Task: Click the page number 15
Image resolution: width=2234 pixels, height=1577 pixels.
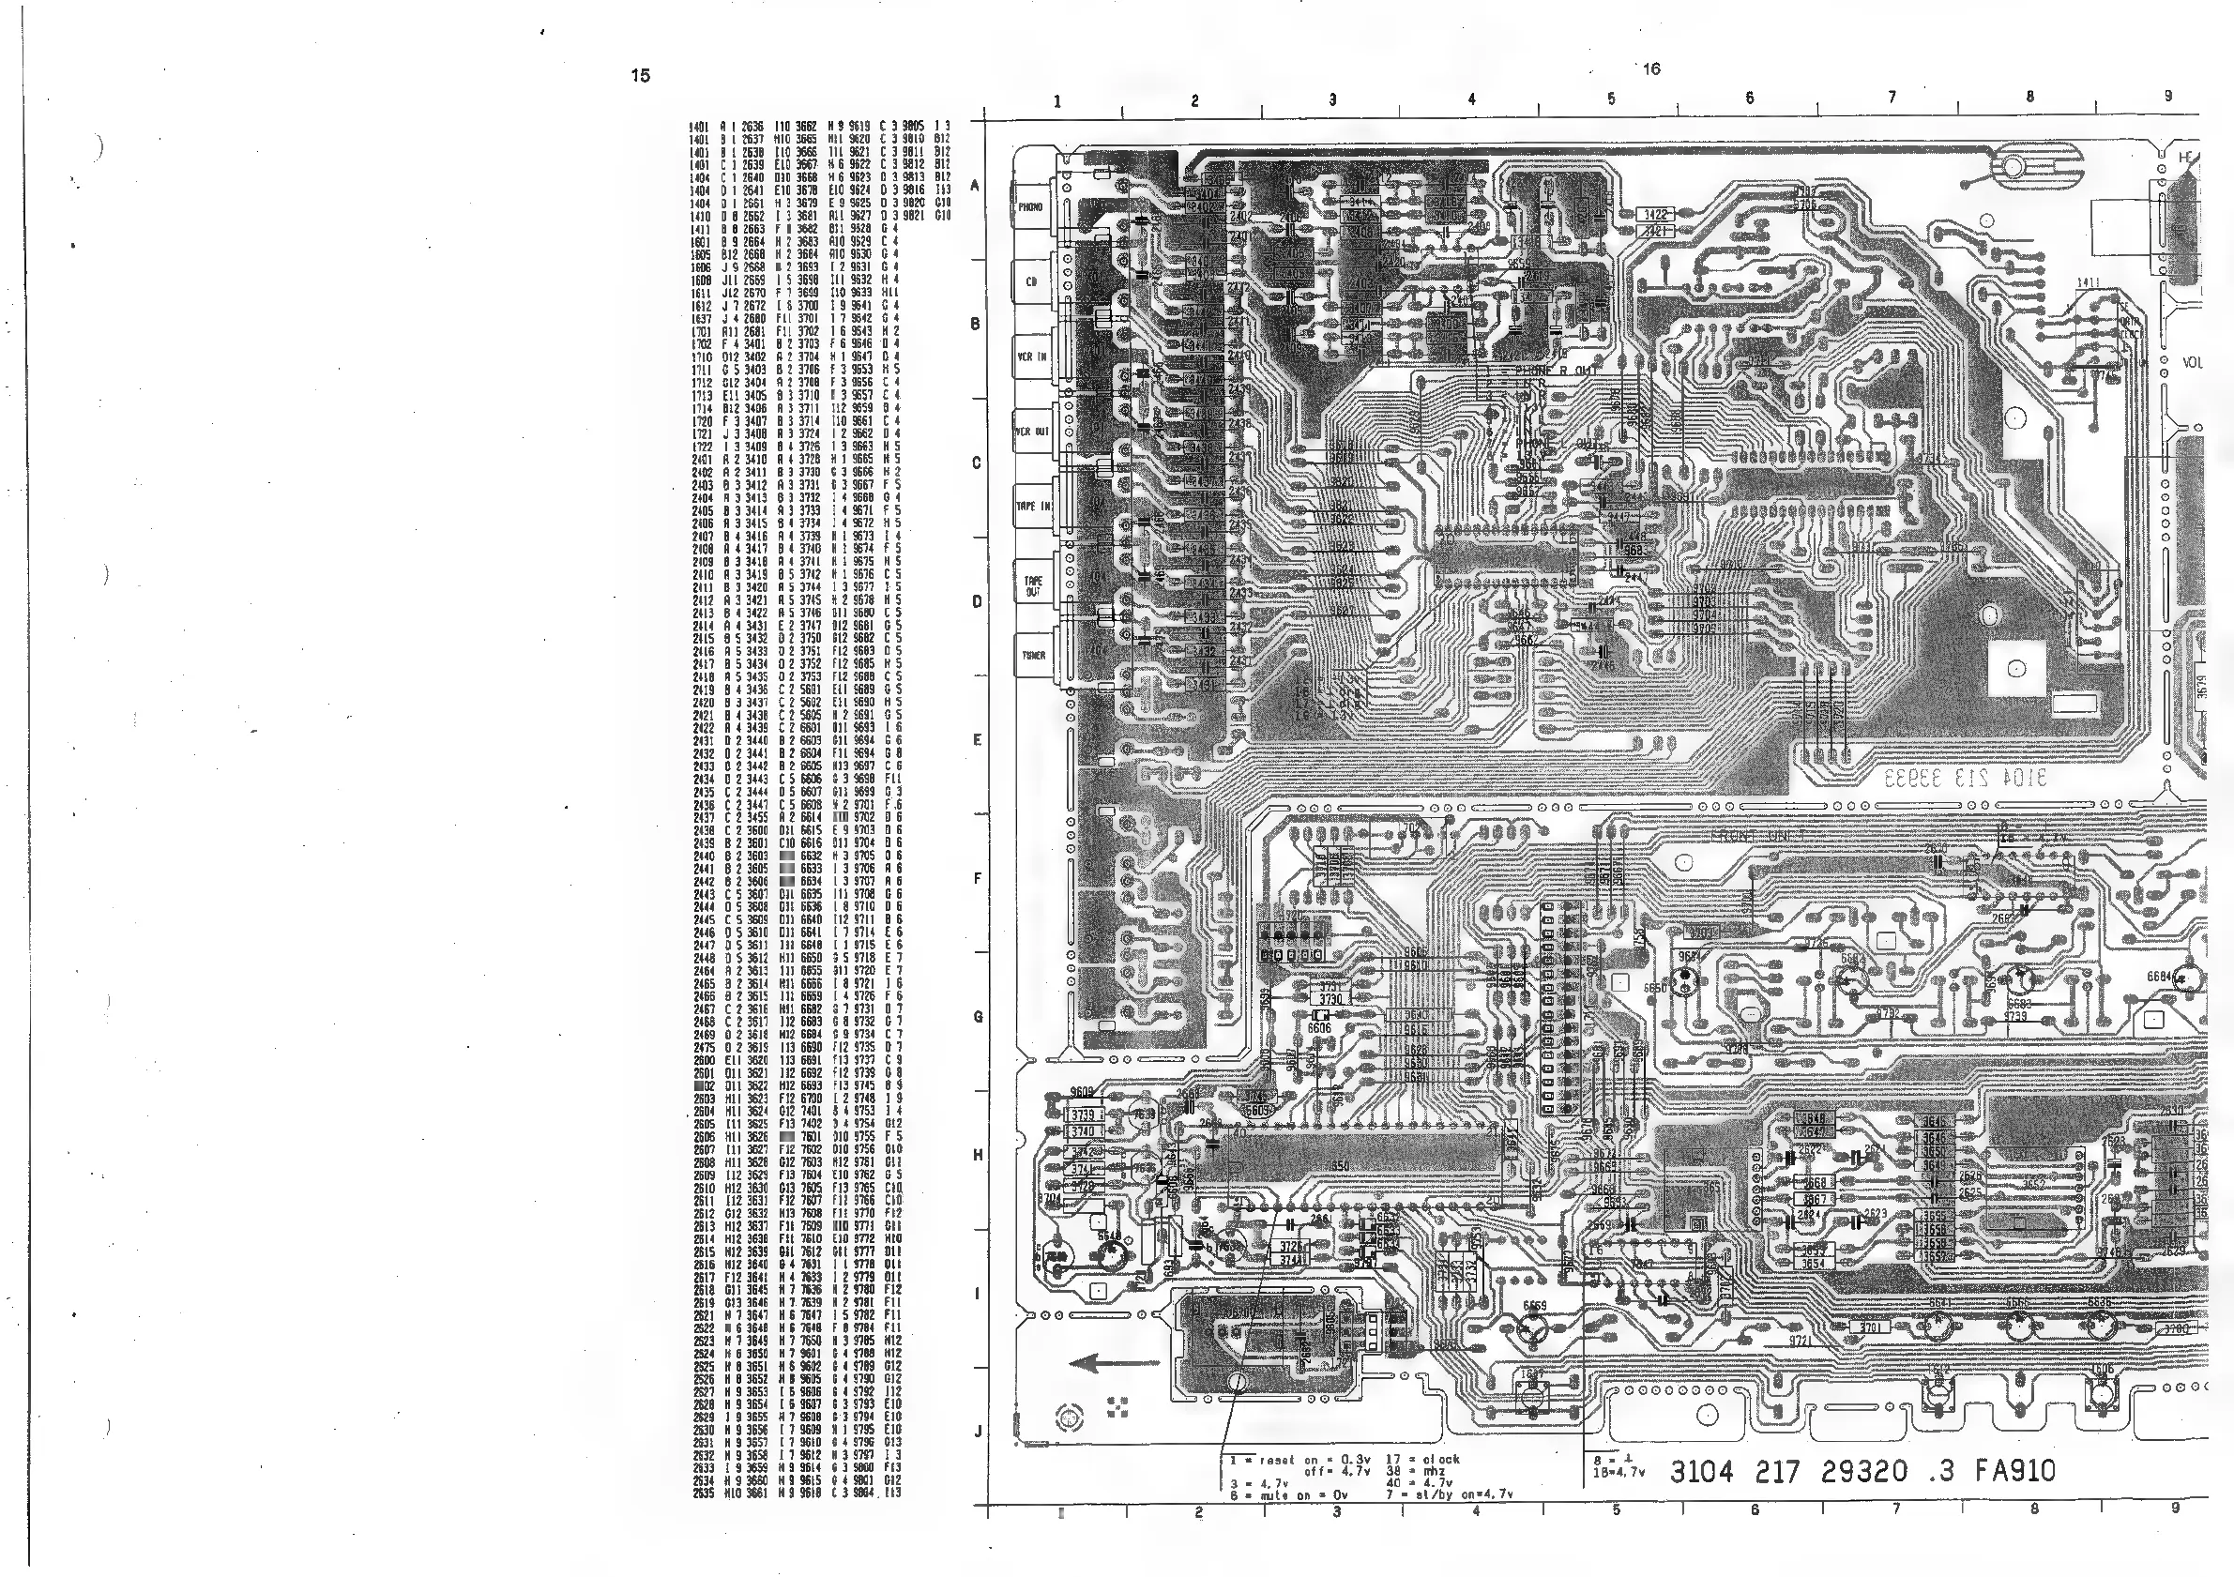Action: (640, 76)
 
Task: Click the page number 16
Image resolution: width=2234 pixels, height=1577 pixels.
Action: (1650, 69)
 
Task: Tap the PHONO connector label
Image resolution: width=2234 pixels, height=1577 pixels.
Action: (1030, 207)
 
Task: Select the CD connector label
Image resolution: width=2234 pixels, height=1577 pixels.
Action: (1030, 283)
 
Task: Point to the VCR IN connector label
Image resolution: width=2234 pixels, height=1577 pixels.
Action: (1031, 357)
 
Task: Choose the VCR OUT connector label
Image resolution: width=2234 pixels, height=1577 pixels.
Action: (1030, 431)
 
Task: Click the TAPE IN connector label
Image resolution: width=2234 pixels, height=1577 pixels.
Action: (1031, 506)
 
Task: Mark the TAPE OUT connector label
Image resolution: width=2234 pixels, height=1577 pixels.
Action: (1032, 584)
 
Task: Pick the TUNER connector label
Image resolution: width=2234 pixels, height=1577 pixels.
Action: (1032, 656)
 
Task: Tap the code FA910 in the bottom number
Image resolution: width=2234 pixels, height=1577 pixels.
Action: (2014, 1471)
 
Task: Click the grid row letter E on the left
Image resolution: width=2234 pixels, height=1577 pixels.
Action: (976, 740)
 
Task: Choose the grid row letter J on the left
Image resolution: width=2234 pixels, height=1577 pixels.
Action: (976, 1432)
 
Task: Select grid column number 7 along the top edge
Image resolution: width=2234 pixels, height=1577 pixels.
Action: (1892, 98)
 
